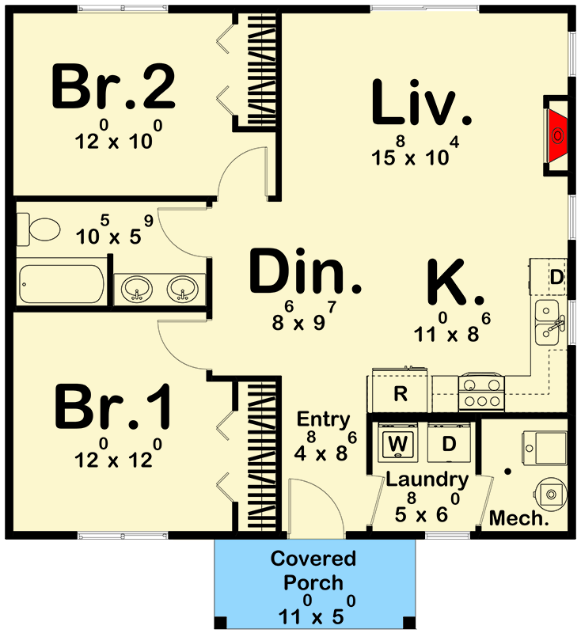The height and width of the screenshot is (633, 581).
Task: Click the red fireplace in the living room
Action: click(x=557, y=135)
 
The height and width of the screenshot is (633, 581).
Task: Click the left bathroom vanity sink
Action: click(x=139, y=290)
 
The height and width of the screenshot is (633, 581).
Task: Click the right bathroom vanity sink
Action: click(x=184, y=290)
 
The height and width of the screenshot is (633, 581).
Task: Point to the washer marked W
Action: click(x=399, y=444)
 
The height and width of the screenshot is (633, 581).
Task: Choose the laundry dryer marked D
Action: click(x=449, y=444)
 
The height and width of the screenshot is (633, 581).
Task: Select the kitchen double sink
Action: click(x=549, y=323)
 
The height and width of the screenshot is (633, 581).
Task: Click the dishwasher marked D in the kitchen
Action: click(x=556, y=278)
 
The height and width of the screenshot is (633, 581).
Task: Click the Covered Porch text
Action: click(x=313, y=571)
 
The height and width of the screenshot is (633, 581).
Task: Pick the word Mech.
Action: click(x=518, y=519)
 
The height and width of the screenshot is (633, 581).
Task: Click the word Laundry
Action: click(x=427, y=479)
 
